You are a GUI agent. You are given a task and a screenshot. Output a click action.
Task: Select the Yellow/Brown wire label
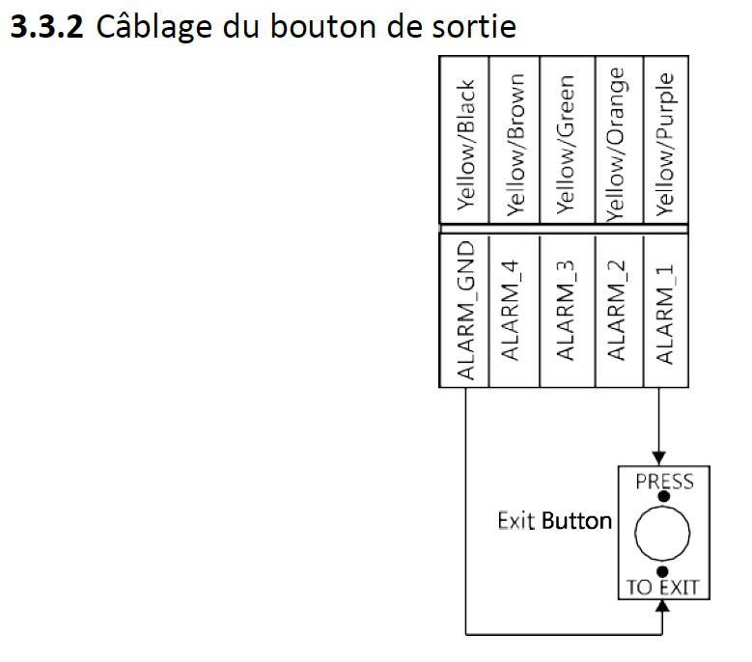515,143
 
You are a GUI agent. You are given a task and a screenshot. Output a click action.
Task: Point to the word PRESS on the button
663,481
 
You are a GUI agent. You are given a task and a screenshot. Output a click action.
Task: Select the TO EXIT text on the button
662,587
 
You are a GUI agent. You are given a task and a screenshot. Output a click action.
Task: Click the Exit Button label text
554,521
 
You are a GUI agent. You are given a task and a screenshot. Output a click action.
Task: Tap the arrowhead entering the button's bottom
662,607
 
